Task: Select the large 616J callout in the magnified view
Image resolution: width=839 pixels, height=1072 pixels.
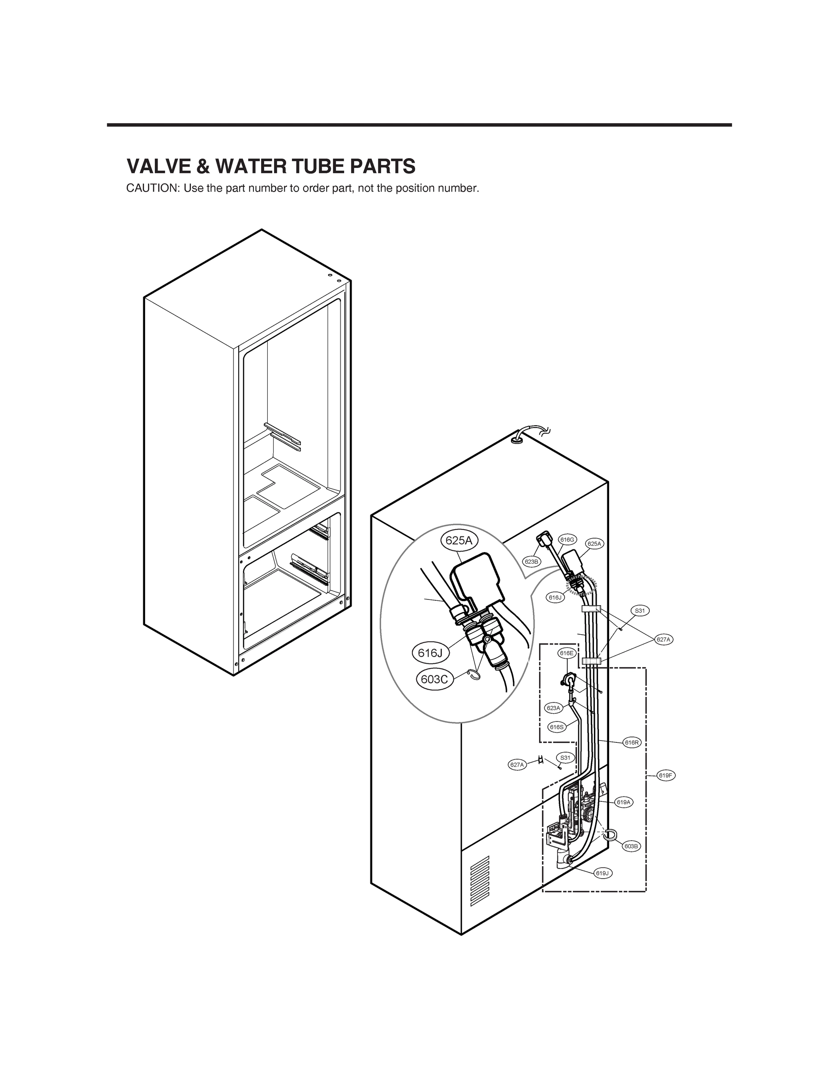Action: click(x=430, y=653)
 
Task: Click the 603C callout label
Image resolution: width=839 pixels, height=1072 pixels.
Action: click(x=434, y=680)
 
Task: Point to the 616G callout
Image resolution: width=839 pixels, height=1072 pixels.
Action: click(x=567, y=540)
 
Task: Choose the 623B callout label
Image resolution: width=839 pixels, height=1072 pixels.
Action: click(x=532, y=561)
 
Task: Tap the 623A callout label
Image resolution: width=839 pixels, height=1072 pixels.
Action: click(x=553, y=708)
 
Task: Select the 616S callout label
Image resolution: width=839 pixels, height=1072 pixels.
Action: click(x=557, y=727)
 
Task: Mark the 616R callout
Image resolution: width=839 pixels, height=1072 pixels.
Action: click(x=632, y=743)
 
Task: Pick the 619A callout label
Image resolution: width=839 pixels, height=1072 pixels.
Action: click(x=623, y=802)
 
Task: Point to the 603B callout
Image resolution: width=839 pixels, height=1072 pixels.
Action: click(x=631, y=846)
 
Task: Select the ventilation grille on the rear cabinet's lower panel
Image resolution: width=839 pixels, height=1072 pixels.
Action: click(x=480, y=880)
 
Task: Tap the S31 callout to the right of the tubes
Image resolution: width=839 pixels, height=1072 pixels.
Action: click(x=640, y=611)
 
